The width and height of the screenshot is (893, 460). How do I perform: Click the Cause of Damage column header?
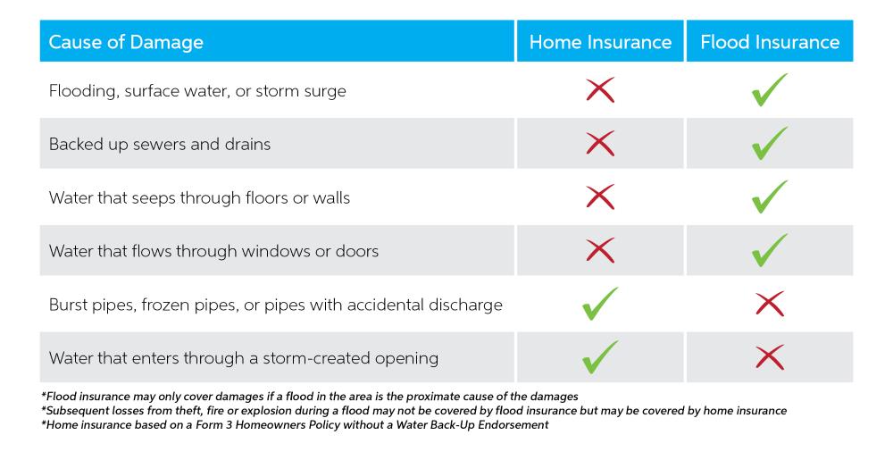click(126, 42)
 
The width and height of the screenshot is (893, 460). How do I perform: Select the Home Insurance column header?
click(600, 42)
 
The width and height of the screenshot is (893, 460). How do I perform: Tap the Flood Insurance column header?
click(770, 42)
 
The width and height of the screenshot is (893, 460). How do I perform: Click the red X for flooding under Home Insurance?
click(600, 90)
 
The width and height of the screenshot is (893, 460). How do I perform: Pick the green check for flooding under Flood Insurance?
click(769, 91)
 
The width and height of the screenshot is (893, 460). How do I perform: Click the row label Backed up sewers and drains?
click(160, 145)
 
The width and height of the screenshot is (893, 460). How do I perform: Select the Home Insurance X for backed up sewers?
click(600, 144)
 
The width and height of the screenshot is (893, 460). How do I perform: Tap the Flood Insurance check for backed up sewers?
click(769, 145)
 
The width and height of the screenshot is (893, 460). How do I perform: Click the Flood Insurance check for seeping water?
click(769, 198)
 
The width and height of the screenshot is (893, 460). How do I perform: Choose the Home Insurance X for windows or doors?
click(600, 250)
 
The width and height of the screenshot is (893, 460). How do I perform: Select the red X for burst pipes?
click(770, 304)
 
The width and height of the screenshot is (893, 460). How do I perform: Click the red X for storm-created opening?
click(770, 357)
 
